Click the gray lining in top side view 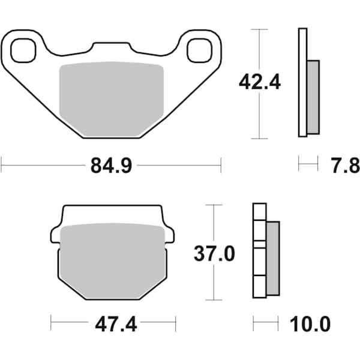point(313,97)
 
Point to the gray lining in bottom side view point(272,258)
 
